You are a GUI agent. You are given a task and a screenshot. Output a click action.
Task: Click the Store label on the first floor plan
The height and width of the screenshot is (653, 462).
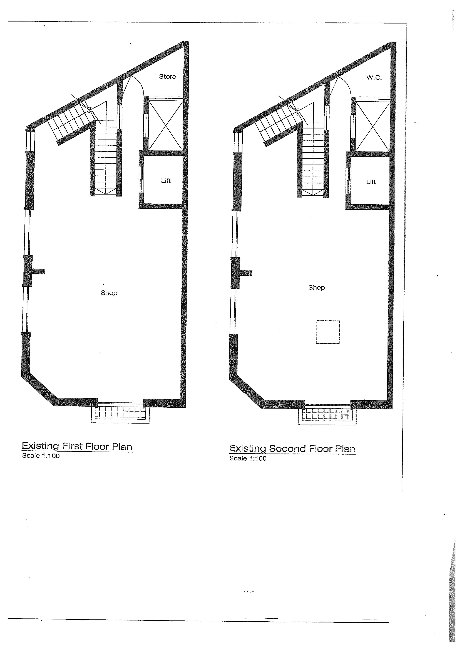click(x=167, y=77)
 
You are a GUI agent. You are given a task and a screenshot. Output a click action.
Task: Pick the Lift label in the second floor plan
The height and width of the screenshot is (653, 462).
click(x=371, y=182)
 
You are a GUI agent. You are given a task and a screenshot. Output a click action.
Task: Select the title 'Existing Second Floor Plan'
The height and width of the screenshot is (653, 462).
click(x=292, y=448)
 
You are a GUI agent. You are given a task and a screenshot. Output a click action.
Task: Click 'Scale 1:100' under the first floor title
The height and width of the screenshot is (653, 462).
click(x=41, y=456)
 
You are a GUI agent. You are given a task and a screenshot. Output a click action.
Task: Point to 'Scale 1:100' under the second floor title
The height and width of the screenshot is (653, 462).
click(x=248, y=458)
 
